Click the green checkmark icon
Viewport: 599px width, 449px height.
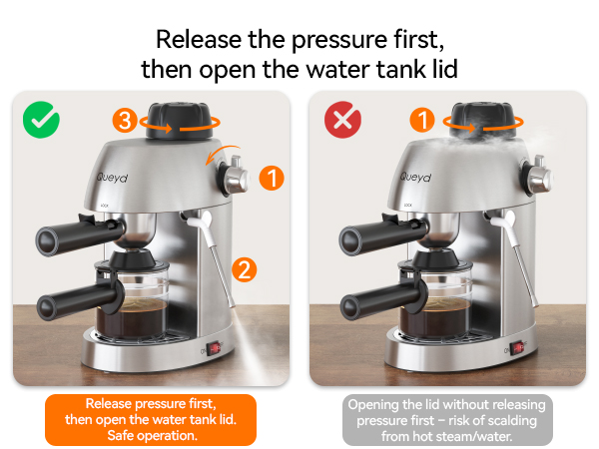pos(41,120)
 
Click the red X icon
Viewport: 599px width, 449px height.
pos(342,120)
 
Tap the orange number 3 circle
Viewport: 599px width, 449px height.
pos(125,121)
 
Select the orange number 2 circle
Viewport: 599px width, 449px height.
pos(245,269)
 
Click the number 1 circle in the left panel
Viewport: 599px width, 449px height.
pos(272,178)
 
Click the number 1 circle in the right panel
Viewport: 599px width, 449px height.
pos(422,120)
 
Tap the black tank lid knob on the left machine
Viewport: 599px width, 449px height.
pos(180,121)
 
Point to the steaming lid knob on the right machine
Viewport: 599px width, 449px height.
pos(483,121)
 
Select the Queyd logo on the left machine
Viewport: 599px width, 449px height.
pos(112,178)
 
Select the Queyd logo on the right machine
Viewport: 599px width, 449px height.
pos(415,178)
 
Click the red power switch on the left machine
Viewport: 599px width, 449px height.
pos(215,348)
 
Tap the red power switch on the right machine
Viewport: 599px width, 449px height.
pos(518,348)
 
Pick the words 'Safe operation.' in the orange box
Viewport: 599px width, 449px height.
pos(152,436)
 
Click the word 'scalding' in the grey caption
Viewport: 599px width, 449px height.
pos(512,420)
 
